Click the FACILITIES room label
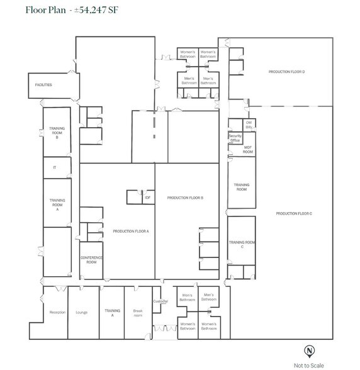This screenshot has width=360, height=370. (43, 85)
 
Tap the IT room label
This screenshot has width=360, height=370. (55, 167)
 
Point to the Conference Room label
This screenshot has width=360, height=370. (91, 260)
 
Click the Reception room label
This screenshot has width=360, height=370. (57, 312)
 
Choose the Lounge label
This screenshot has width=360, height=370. (81, 312)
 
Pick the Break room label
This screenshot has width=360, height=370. (138, 312)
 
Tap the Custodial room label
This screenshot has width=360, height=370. (160, 301)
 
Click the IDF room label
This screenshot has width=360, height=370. (147, 198)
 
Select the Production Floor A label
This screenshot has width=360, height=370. (131, 232)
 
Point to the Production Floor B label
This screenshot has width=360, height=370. (185, 198)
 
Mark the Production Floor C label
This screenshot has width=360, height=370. (294, 214)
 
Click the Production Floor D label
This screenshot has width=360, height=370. (286, 72)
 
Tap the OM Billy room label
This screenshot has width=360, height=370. (249, 125)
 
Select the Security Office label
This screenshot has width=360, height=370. (235, 138)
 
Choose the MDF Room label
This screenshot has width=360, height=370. (248, 150)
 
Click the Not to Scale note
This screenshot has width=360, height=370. (309, 365)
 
